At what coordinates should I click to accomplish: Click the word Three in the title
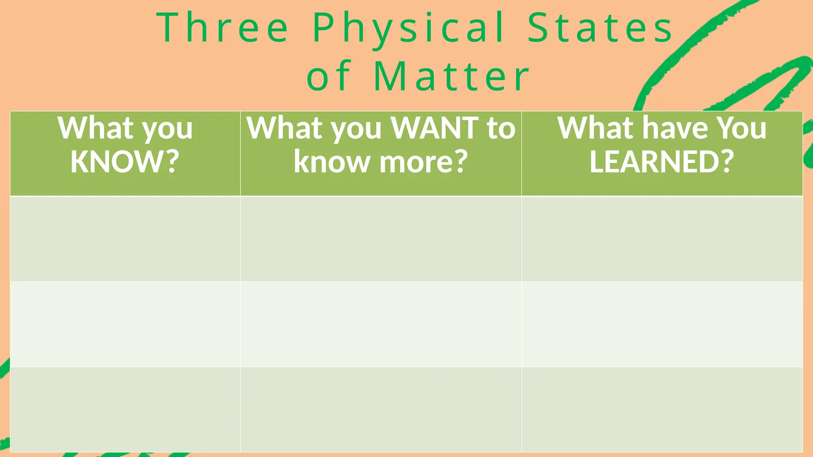[223, 28]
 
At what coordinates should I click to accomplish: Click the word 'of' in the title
[329, 76]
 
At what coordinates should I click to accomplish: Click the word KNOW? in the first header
[125, 161]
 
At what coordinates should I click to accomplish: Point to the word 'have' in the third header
[675, 128]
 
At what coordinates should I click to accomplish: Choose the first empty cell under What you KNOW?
[125, 239]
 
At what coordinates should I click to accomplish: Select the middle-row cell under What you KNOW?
[125, 324]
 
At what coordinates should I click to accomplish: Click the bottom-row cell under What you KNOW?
[125, 409]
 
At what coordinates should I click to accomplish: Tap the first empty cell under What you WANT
[381, 239]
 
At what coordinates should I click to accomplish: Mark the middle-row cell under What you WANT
[381, 324]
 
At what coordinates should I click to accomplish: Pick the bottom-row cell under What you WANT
[381, 409]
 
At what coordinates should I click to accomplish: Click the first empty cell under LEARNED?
[662, 239]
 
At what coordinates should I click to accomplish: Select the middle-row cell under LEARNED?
[662, 324]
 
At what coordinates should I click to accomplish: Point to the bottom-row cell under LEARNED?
[662, 409]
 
